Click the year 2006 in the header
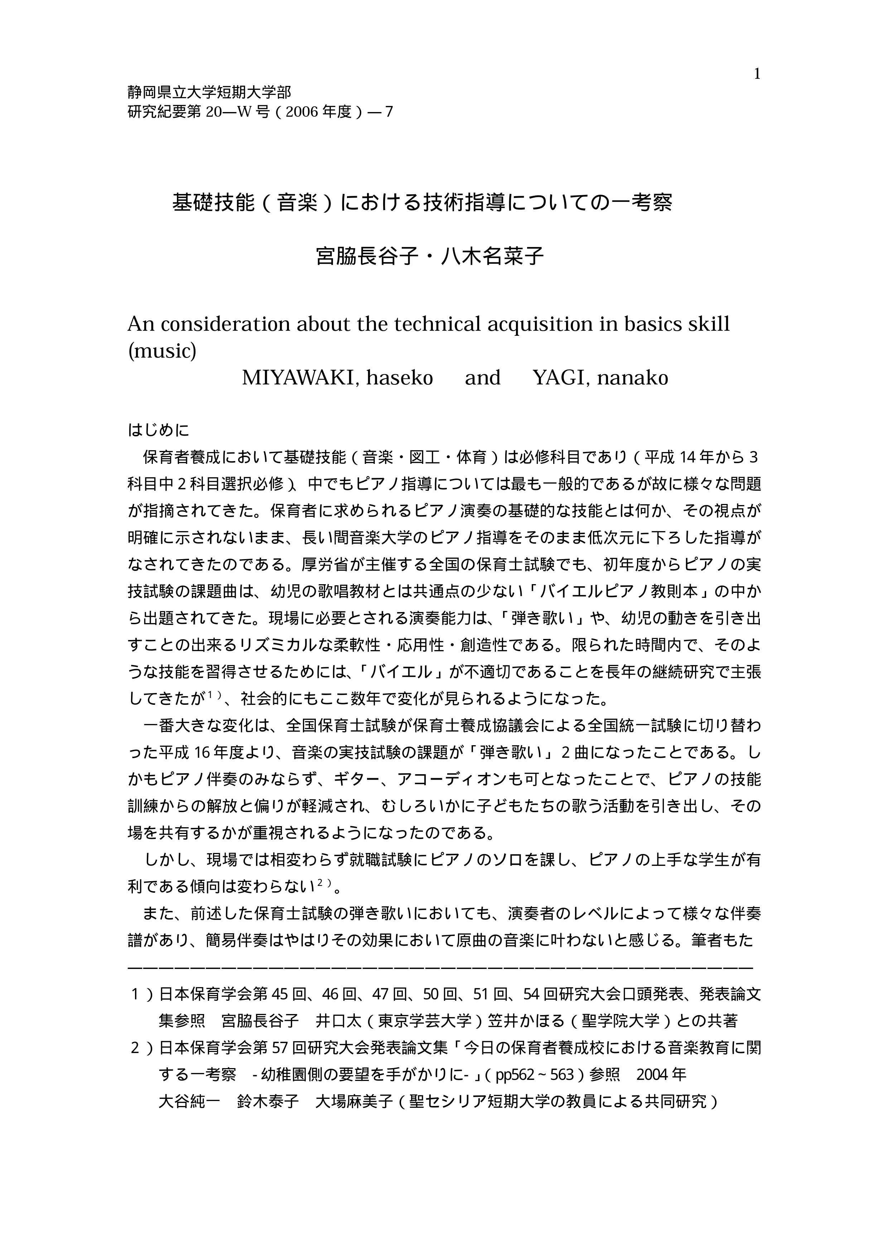click(x=302, y=112)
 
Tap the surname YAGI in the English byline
click(x=559, y=378)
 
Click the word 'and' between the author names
click(x=483, y=378)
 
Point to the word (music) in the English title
click(x=162, y=351)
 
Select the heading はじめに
click(x=158, y=430)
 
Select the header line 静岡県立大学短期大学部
click(x=209, y=92)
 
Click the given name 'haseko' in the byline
click(x=399, y=378)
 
